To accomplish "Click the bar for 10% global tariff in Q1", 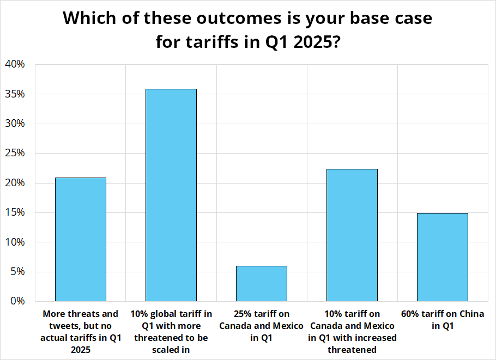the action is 171,195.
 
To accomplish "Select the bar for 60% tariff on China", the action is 442,257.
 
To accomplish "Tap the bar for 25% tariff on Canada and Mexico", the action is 262,284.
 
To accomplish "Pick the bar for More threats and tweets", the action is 81,239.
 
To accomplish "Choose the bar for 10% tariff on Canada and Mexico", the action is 352,235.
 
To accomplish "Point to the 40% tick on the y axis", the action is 15,64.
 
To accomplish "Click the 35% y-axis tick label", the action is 15,94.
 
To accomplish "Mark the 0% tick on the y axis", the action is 17,301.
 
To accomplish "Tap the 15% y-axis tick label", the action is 15,212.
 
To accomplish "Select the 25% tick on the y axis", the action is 15,153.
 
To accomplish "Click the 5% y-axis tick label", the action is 17,272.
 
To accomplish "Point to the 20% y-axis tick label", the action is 15,182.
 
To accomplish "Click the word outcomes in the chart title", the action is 239,18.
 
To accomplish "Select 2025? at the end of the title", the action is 317,42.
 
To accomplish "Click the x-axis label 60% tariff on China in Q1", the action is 443,320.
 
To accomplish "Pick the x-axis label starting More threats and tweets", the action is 81,332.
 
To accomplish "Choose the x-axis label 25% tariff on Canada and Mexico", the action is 261,326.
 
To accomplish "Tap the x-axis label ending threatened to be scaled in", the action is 171,332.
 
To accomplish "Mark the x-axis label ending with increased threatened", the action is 352,332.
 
